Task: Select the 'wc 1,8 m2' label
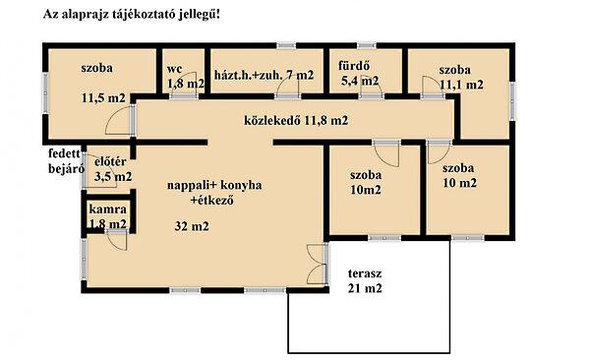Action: [x=185, y=77]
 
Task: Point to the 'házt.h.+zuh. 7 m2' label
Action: [x=264, y=75]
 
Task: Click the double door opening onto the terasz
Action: [x=315, y=263]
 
